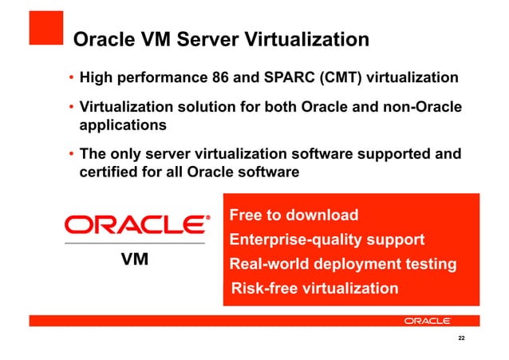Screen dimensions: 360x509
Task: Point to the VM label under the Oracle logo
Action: tap(135, 260)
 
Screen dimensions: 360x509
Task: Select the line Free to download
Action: tap(294, 216)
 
